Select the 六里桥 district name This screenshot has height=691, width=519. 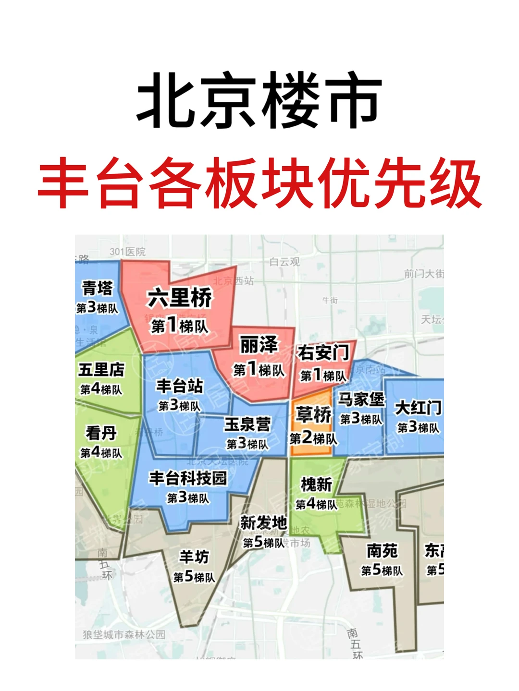[179, 298]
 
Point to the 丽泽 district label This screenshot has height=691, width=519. [259, 345]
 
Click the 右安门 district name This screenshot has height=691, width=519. [323, 353]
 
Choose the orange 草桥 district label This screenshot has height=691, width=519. [313, 414]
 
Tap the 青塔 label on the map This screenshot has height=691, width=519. [97, 288]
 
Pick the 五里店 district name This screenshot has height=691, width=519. [101, 370]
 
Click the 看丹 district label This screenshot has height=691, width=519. [101, 433]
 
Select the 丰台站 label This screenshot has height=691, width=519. [180, 386]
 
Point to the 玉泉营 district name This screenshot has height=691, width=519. [247, 424]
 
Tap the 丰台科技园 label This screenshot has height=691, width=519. [187, 478]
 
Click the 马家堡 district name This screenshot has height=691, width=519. [361, 400]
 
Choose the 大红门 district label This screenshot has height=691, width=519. [418, 408]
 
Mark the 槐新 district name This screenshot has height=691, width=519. [316, 485]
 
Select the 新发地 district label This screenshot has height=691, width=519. [263, 522]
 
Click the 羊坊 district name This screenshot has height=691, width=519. [194, 557]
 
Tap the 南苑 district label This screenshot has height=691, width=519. [382, 551]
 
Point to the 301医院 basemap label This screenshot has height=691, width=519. [127, 252]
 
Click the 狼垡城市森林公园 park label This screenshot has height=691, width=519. [124, 634]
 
